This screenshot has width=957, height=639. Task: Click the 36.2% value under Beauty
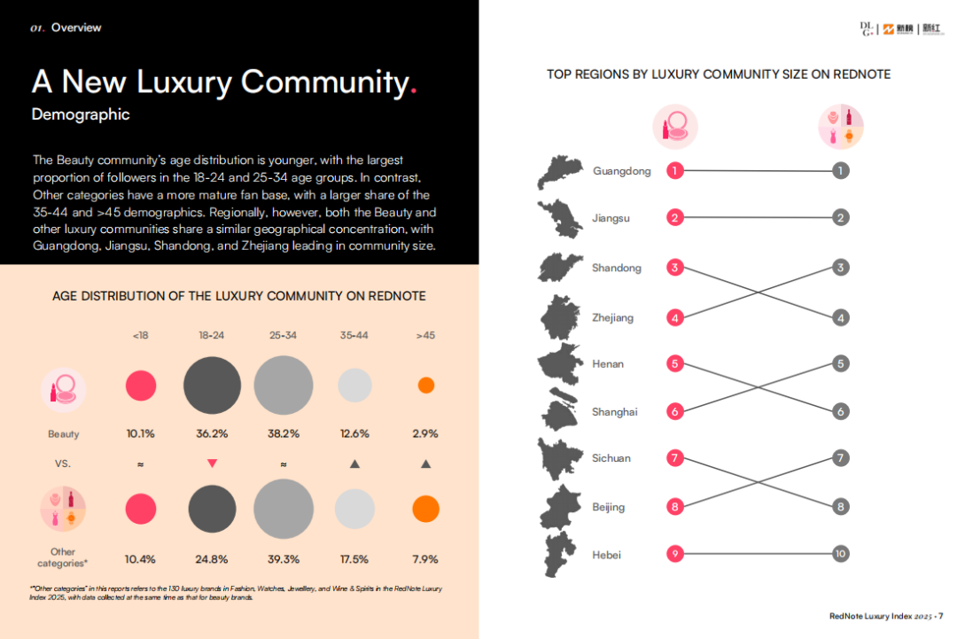(212, 433)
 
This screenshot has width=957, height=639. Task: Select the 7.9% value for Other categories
(425, 559)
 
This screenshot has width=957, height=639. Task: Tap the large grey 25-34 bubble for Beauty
(284, 386)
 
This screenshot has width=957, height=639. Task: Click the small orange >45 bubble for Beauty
(425, 386)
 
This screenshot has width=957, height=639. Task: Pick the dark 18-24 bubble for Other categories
(212, 509)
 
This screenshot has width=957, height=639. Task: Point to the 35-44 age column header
(354, 335)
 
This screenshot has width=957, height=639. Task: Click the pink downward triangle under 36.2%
(212, 463)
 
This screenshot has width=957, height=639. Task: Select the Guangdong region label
(621, 171)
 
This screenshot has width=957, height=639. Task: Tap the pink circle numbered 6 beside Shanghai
(675, 411)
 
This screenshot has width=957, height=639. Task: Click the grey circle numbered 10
(841, 554)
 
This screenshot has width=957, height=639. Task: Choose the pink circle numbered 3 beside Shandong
(675, 268)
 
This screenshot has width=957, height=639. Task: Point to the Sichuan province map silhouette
(559, 458)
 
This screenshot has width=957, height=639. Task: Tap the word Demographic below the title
(81, 114)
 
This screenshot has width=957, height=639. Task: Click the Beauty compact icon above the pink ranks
(675, 126)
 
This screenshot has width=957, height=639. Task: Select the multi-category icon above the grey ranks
(841, 126)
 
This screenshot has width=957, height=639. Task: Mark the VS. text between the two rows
(62, 464)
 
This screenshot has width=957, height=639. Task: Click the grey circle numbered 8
(841, 507)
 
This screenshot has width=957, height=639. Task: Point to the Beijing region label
(609, 507)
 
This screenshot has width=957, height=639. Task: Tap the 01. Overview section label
(66, 27)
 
